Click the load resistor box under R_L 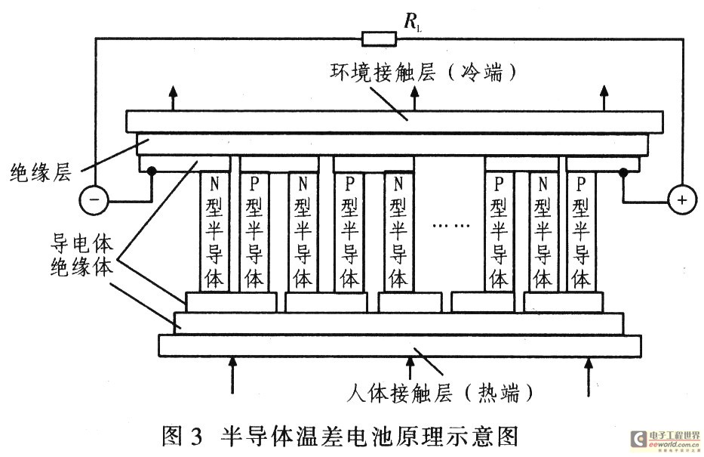(380, 39)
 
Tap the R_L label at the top (412, 21)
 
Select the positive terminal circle (682, 199)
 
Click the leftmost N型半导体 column (214, 231)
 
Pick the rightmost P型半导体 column (581, 231)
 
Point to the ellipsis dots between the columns (450, 225)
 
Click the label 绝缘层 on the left (41, 172)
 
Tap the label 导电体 (81, 243)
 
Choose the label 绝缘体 (81, 267)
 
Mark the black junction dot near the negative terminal (152, 171)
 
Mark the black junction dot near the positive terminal (623, 171)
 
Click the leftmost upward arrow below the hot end (232, 375)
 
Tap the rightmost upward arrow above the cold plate (604, 97)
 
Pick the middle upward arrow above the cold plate (414, 97)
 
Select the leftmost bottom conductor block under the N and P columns (231, 302)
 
